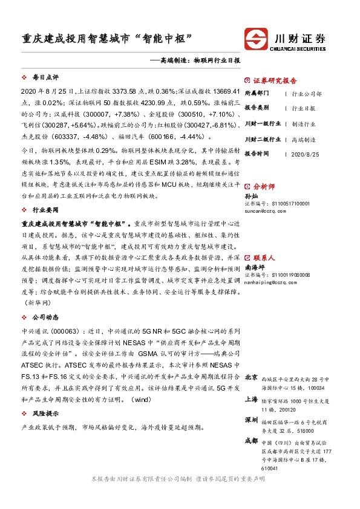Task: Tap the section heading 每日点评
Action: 45,79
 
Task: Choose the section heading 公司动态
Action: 45,316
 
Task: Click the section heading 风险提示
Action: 45,413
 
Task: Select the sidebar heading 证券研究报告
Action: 275,80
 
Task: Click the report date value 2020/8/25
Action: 304,154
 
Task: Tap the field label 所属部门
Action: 257,94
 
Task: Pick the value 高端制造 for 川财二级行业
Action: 303,139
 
